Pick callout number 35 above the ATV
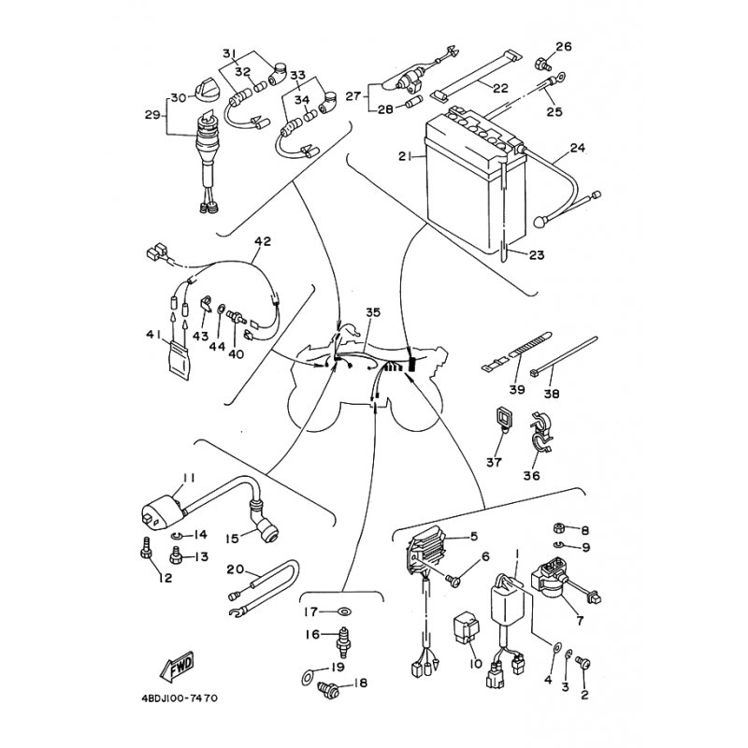373,312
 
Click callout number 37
494,462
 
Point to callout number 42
263,241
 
